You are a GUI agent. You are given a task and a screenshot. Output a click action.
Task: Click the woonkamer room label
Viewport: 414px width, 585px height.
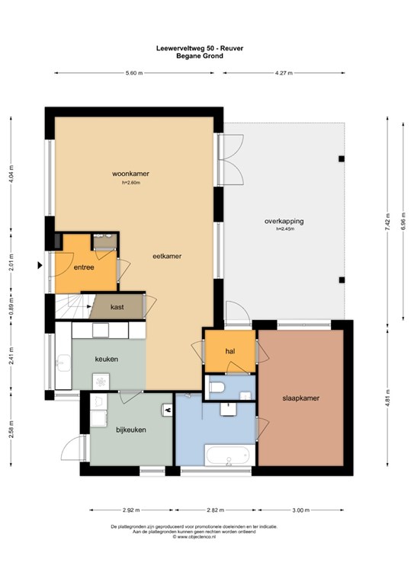pyautogui.click(x=130, y=174)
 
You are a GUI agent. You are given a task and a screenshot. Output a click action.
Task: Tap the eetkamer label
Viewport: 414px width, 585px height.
pyautogui.click(x=167, y=256)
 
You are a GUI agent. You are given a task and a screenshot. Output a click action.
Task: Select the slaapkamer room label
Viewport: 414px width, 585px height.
pyautogui.click(x=301, y=398)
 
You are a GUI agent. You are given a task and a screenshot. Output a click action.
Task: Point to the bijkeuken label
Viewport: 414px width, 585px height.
pyautogui.click(x=131, y=430)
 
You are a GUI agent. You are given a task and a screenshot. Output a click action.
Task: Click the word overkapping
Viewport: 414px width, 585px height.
pyautogui.click(x=284, y=221)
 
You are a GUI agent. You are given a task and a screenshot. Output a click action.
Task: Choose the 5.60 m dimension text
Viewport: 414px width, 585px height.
pyautogui.click(x=134, y=73)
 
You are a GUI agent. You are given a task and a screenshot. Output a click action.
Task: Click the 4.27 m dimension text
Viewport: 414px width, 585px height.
pyautogui.click(x=284, y=73)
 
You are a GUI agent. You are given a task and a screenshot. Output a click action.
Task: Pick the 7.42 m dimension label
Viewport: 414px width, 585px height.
pyautogui.click(x=388, y=222)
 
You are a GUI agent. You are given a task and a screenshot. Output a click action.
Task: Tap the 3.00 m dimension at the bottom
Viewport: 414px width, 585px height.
pyautogui.click(x=301, y=510)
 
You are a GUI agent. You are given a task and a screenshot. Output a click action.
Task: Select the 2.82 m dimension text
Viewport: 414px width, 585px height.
pyautogui.click(x=216, y=510)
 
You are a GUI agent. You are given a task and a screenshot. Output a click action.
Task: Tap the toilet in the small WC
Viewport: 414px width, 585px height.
pyautogui.click(x=217, y=387)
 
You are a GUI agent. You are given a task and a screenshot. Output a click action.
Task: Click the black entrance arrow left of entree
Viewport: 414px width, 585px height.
pyautogui.click(x=40, y=265)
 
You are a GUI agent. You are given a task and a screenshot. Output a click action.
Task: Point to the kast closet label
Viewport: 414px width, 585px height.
pyautogui.click(x=117, y=307)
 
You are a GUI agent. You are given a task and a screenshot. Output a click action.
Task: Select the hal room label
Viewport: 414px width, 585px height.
pyautogui.click(x=230, y=351)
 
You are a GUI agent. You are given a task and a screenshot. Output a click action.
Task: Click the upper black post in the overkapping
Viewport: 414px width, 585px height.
pyautogui.click(x=342, y=159)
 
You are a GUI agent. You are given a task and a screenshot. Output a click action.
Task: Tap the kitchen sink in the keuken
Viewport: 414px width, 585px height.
pyautogui.click(x=63, y=363)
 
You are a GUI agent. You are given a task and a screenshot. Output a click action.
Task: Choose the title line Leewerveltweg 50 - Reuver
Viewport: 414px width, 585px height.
pyautogui.click(x=200, y=48)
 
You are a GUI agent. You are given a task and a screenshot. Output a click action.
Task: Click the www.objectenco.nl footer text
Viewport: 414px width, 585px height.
pyautogui.click(x=194, y=536)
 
